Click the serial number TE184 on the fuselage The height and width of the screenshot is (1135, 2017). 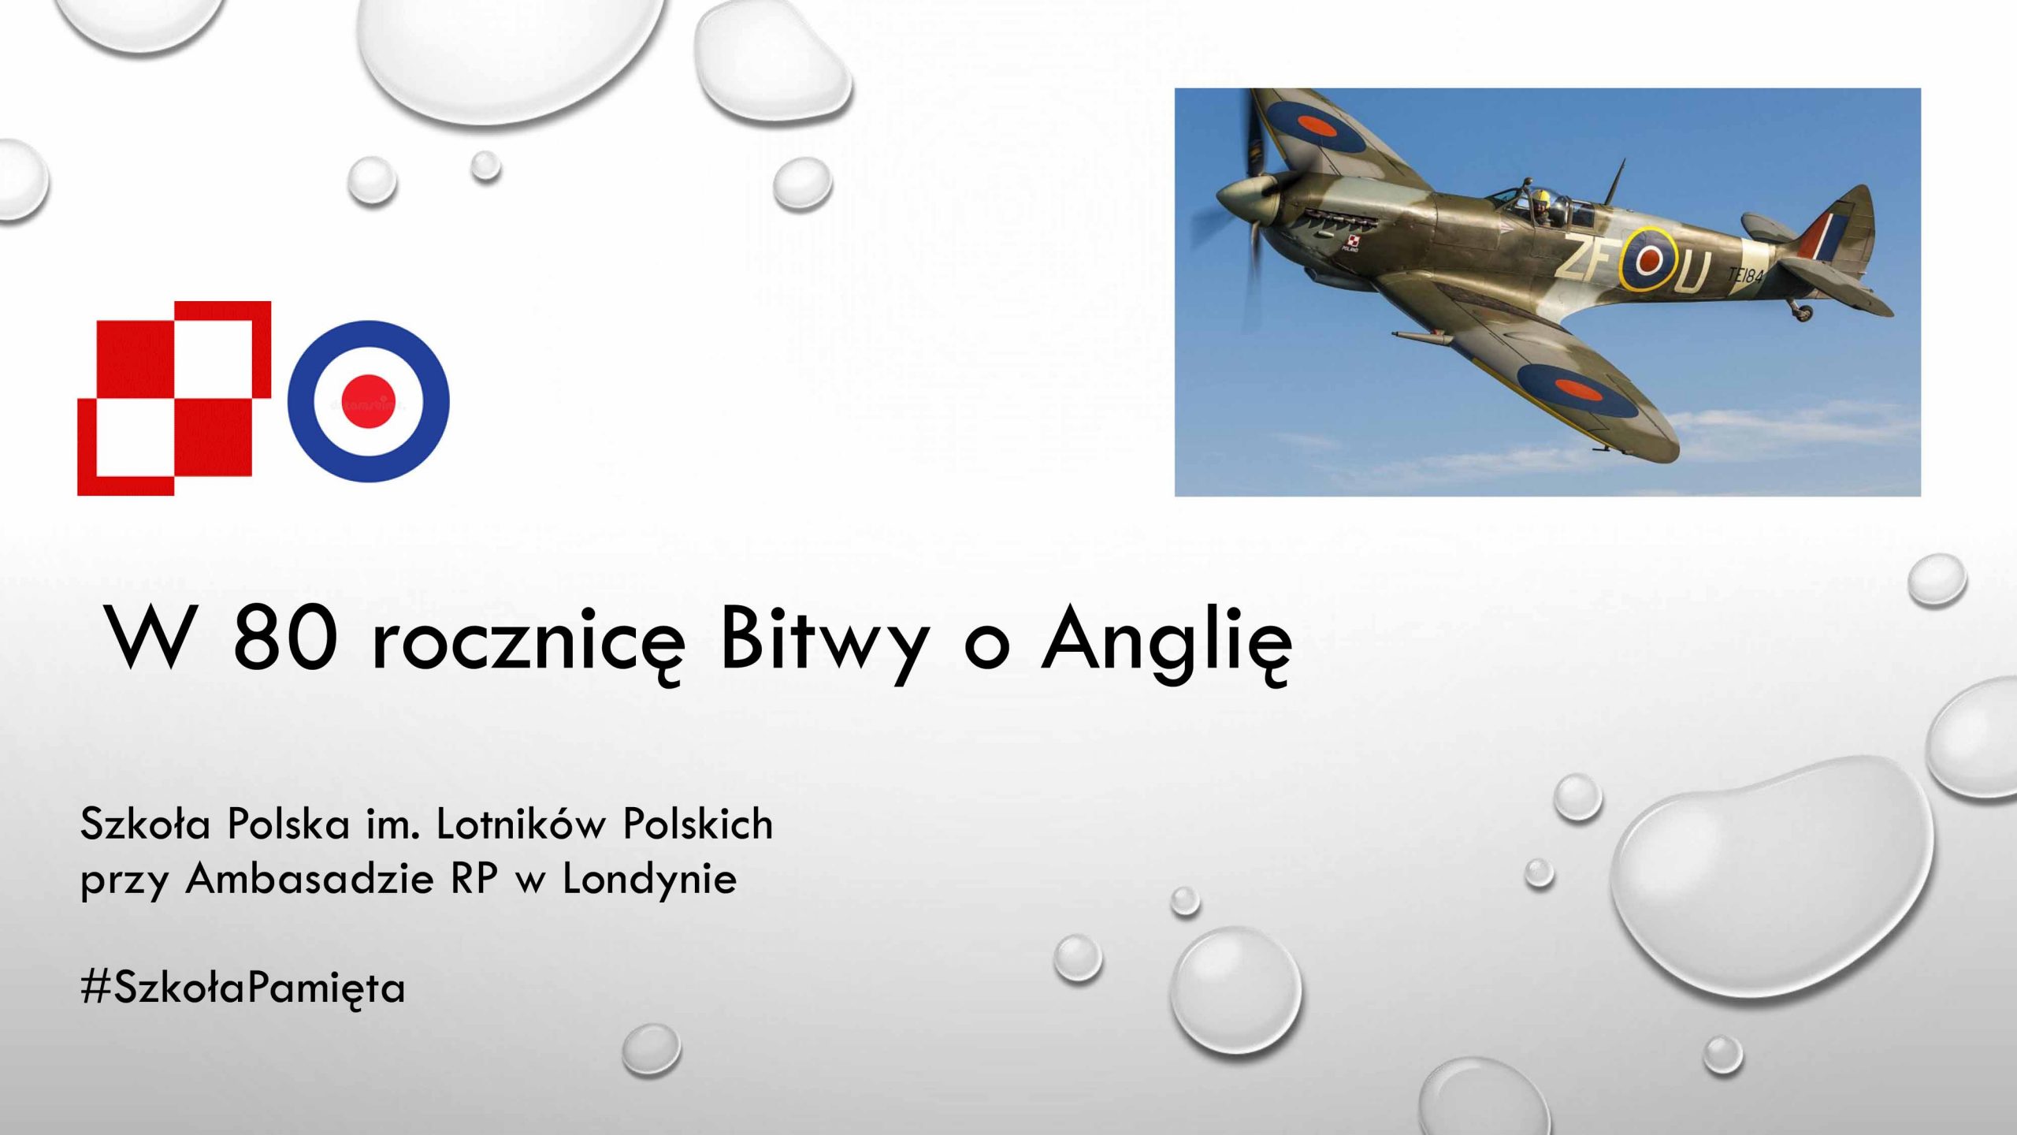[x=1745, y=275]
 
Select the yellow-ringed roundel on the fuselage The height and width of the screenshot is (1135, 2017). [x=1647, y=259]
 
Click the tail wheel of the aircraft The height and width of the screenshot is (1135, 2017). [x=1802, y=312]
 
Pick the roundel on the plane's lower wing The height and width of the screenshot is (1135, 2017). [x=1579, y=390]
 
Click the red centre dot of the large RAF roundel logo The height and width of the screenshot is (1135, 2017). [x=368, y=401]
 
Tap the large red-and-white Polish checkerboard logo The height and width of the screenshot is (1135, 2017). [x=174, y=398]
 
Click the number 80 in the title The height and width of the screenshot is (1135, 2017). [x=285, y=638]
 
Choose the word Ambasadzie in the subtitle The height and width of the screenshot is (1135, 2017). [x=310, y=878]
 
